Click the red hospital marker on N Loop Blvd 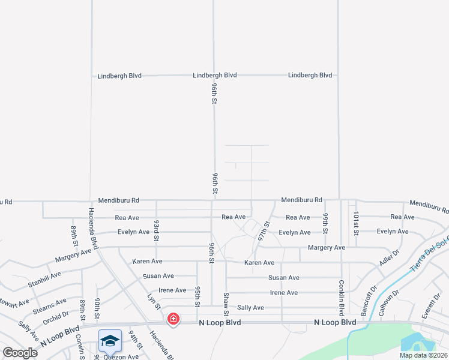point(173,319)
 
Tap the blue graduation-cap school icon point(110,341)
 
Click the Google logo point(20,353)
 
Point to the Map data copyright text point(423,355)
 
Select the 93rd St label point(156,230)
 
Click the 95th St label point(197,297)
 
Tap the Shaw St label point(226,304)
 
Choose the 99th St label point(325,223)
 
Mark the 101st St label point(356,223)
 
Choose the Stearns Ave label point(50,305)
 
